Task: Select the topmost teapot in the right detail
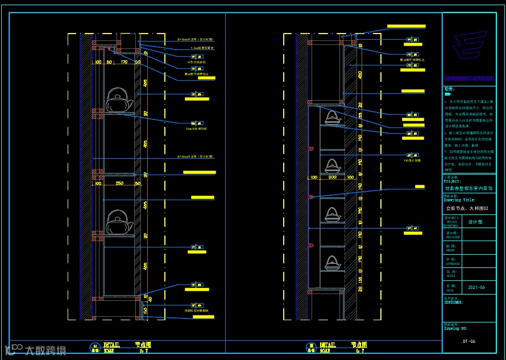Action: click(332, 118)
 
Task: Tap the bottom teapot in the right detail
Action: click(332, 263)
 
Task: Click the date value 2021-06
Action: click(476, 288)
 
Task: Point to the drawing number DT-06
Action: click(469, 341)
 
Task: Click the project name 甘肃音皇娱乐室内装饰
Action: click(470, 188)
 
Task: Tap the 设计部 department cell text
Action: click(475, 222)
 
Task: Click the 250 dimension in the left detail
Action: click(119, 183)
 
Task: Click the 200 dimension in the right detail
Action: click(333, 177)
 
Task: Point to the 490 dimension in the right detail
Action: click(360, 75)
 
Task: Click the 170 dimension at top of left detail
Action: click(124, 62)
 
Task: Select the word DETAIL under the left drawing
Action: click(111, 345)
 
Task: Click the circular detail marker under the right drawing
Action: click(311, 347)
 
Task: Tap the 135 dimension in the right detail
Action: click(360, 115)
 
